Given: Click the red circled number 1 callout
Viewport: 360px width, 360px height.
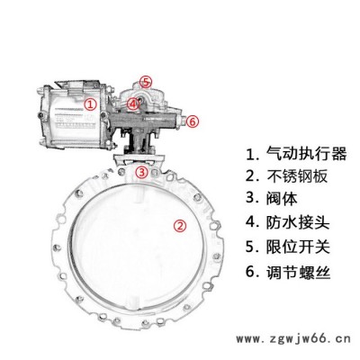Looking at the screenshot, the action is (90, 104).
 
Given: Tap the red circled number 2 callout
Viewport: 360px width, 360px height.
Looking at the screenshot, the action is (180, 226).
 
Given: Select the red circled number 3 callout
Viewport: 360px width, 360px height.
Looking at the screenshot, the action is (141, 172).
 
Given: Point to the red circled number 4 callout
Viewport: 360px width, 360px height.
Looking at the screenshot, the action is (132, 103).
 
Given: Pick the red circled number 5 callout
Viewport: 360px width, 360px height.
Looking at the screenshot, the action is (146, 82).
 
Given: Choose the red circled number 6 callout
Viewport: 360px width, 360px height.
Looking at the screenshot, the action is (193, 121).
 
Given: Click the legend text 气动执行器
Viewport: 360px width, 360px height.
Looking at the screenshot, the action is (306, 154).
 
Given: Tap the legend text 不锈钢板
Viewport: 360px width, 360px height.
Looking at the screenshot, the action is (297, 176).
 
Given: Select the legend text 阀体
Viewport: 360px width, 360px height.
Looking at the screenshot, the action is (282, 199).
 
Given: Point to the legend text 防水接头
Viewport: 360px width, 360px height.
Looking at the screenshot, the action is (298, 222).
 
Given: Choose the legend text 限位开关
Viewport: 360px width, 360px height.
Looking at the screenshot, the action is (298, 247).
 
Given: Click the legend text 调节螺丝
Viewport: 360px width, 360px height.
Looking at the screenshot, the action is (298, 273).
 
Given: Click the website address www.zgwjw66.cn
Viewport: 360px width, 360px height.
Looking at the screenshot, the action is (293, 339).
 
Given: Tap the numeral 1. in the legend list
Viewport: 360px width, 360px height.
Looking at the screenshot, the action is (253, 154).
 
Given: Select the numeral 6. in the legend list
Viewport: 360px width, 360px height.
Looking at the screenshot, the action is (253, 272).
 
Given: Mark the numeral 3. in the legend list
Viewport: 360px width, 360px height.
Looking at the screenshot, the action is (253, 198).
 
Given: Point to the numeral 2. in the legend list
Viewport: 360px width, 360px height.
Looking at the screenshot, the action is (253, 176).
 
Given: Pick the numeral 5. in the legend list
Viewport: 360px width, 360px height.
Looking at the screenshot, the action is (253, 247).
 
